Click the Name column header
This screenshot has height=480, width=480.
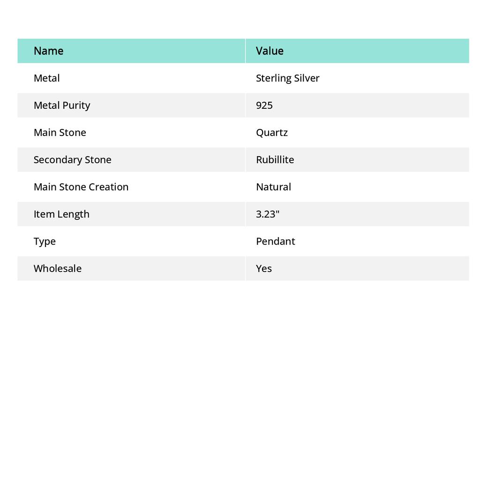click(48, 51)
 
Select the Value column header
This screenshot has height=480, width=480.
click(270, 51)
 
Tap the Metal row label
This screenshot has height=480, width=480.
click(46, 78)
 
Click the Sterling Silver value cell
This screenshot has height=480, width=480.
click(287, 78)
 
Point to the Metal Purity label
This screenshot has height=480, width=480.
click(62, 105)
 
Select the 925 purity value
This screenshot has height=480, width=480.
click(264, 105)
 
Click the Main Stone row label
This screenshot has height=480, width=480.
click(60, 132)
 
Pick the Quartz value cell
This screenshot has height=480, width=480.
click(272, 132)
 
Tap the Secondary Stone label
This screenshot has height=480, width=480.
click(72, 159)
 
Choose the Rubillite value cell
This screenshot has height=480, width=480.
click(275, 159)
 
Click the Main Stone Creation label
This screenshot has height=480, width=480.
click(81, 187)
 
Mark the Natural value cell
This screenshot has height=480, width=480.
click(273, 187)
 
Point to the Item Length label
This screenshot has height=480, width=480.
click(61, 214)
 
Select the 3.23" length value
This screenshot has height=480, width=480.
click(268, 214)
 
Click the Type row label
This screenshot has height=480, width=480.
click(45, 241)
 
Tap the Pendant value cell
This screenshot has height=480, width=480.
click(275, 241)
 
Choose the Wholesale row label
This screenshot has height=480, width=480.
click(57, 268)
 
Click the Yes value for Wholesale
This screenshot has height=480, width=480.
click(264, 268)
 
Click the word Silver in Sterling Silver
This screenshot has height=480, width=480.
click(307, 78)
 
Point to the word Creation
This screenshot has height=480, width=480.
click(109, 187)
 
